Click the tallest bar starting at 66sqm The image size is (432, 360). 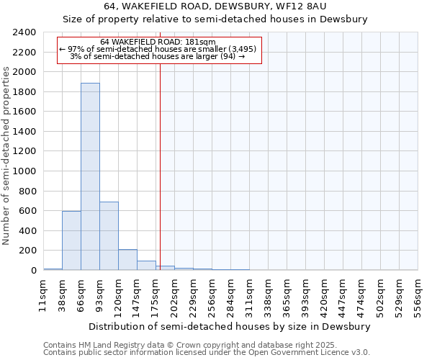(x=90, y=176)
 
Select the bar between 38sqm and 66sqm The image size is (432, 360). (x=71, y=240)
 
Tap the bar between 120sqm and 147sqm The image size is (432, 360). (x=127, y=259)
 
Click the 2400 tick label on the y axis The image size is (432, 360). (x=24, y=33)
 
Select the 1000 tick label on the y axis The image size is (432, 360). (x=24, y=171)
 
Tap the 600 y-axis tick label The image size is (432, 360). (x=27, y=211)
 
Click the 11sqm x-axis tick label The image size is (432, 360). (x=43, y=295)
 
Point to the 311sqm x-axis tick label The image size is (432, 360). (x=249, y=295)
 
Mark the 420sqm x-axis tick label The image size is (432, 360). (x=324, y=295)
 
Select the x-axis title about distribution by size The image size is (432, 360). (x=230, y=326)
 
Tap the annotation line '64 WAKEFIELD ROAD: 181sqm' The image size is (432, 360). (x=158, y=42)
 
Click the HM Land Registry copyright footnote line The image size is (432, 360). (x=180, y=345)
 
